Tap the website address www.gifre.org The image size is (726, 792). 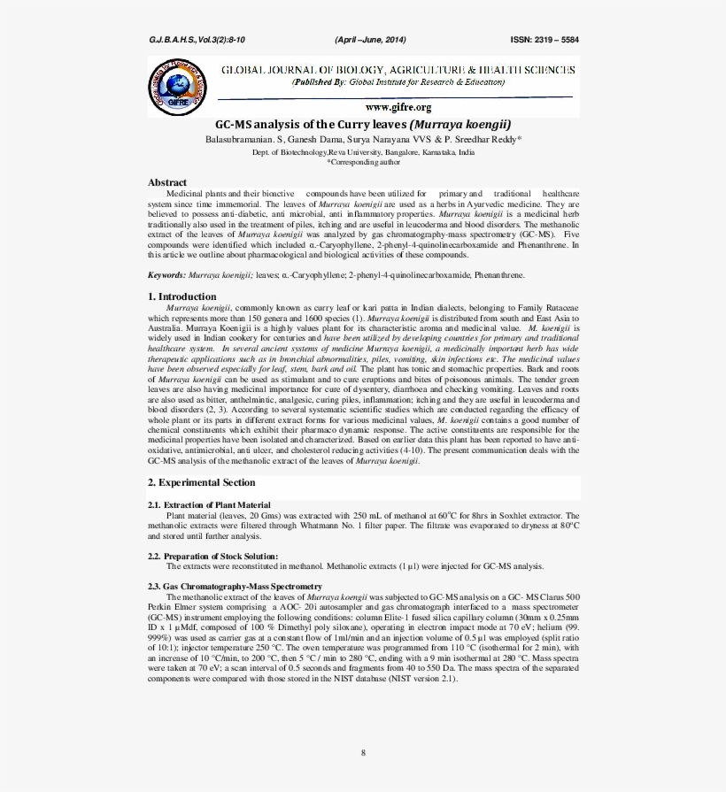pyautogui.click(x=398, y=106)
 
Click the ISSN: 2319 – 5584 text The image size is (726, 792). pyautogui.click(x=544, y=40)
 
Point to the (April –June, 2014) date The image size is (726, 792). pyautogui.click(x=370, y=40)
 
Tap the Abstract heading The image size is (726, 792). pyautogui.click(x=167, y=182)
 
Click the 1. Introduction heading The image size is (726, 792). pyautogui.click(x=181, y=296)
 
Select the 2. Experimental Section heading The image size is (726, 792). pyautogui.click(x=201, y=482)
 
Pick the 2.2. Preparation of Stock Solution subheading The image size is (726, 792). pyautogui.click(x=212, y=556)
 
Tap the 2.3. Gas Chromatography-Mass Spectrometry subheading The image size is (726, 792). pyautogui.click(x=235, y=587)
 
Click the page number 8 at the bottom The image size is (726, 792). pyautogui.click(x=363, y=752)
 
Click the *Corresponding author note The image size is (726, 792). pyautogui.click(x=363, y=162)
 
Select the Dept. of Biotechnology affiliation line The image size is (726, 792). pyautogui.click(x=363, y=152)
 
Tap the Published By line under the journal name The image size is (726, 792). pyautogui.click(x=398, y=81)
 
